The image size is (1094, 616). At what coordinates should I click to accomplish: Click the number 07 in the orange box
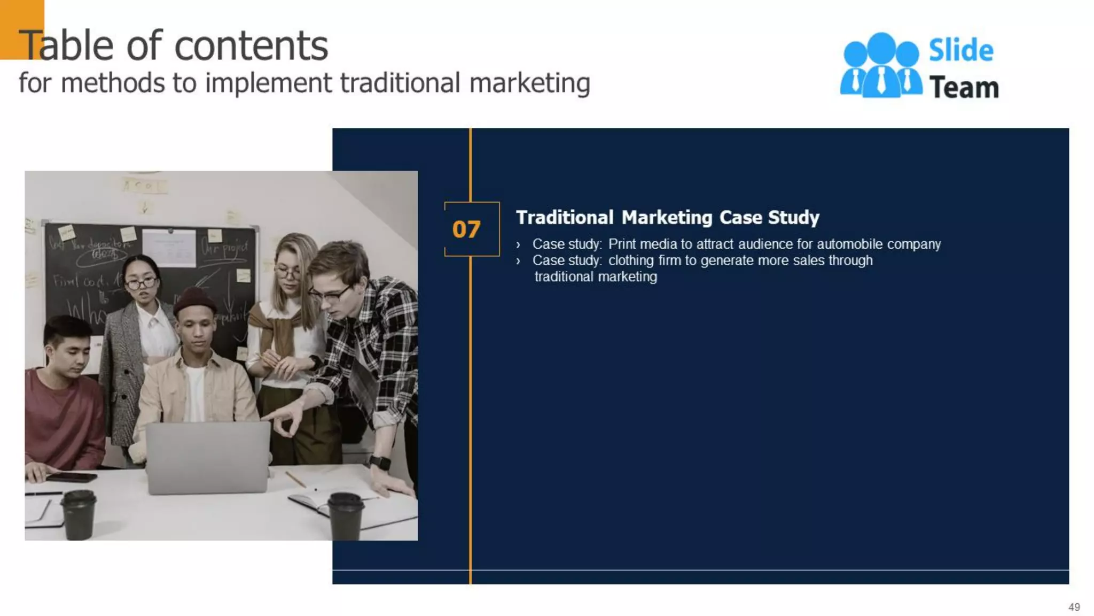coord(466,229)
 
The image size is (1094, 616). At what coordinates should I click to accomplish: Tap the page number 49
coord(1074,607)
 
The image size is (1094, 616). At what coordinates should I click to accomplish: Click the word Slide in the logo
coord(961,51)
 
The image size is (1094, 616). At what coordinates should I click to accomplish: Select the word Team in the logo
coord(964,88)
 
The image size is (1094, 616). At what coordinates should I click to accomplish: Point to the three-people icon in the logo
coord(881,65)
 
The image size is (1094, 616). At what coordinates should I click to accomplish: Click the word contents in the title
coord(251,46)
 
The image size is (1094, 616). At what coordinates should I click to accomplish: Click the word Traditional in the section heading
coord(565,218)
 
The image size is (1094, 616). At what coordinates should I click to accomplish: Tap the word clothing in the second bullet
coord(631,260)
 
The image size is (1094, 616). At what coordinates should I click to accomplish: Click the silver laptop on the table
coord(208,457)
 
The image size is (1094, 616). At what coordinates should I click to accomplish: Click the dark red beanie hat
coord(194,301)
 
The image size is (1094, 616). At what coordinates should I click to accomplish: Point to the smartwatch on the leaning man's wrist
coord(379,462)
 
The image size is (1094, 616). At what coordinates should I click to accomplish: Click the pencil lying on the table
coord(295,479)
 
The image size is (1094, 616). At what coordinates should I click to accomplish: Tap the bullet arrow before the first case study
coord(518,245)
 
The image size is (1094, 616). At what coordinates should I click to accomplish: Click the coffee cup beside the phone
coord(79,514)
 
